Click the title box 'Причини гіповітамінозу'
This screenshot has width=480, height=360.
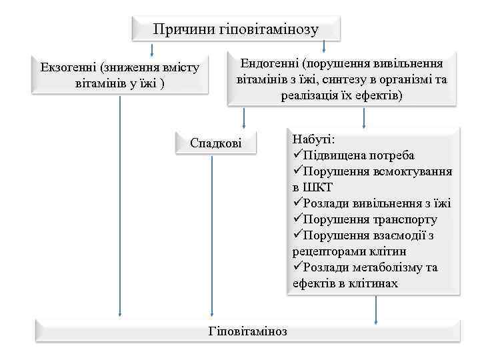point(235,29)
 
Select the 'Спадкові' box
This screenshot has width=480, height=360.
point(216,143)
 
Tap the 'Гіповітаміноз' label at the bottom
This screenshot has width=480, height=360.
point(248,331)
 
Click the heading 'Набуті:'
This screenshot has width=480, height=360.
point(314,139)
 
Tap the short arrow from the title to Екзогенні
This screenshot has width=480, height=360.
point(153,49)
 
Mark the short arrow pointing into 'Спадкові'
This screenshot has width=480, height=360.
point(244,118)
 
